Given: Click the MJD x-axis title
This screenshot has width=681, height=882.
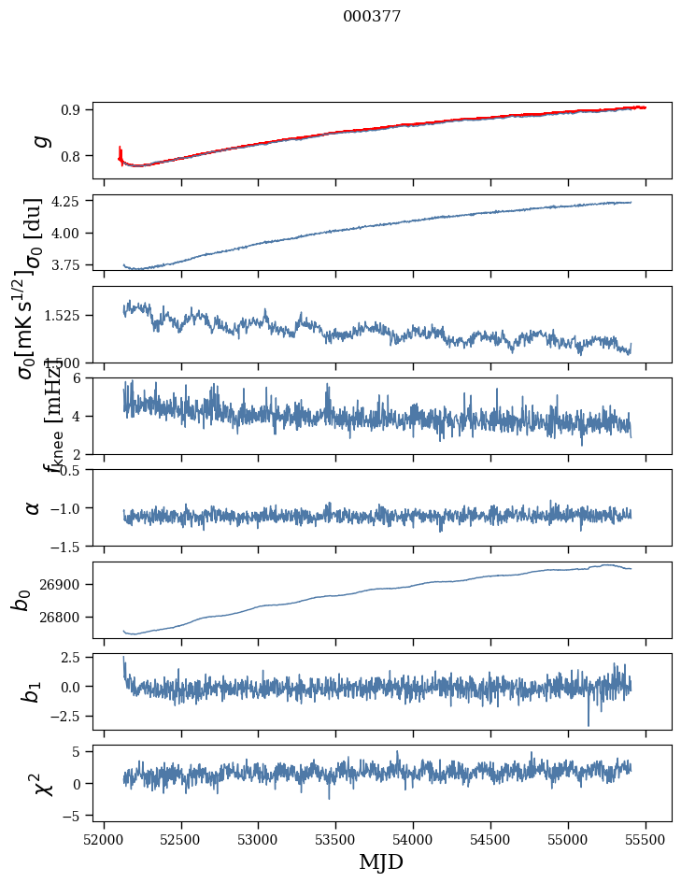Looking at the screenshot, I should pos(381,862).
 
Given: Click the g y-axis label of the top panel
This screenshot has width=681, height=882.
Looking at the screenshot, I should pos(39,141).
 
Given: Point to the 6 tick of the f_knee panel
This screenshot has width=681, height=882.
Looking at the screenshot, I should pos(79,377).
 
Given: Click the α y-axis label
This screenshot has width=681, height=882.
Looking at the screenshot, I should pos(33,507).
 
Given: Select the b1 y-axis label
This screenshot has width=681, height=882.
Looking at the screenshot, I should pos(33,691).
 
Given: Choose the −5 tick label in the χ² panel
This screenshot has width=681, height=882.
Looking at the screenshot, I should pos(73,816).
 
